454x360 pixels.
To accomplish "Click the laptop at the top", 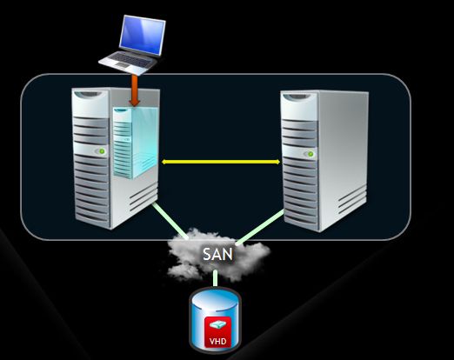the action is point(132,45).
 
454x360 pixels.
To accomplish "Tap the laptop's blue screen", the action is point(142,36).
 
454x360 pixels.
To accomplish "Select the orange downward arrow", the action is point(135,90).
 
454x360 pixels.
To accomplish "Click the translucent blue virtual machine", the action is point(136,143).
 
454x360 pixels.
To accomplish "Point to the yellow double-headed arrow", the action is point(221,162).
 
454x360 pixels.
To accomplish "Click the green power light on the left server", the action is point(102,151).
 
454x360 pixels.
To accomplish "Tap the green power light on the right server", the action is point(310,154).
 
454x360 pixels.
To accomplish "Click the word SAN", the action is point(217,255).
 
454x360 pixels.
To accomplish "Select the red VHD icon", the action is point(217,332).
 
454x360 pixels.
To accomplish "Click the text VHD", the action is point(217,341).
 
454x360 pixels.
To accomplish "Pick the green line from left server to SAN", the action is point(170,221).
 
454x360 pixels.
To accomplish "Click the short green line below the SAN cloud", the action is point(215,278).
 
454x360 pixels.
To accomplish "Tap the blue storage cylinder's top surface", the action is point(215,298).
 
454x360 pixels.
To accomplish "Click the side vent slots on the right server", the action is point(352,201).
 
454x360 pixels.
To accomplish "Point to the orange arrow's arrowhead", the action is point(135,103).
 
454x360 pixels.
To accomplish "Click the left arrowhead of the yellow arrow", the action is point(164,162).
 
